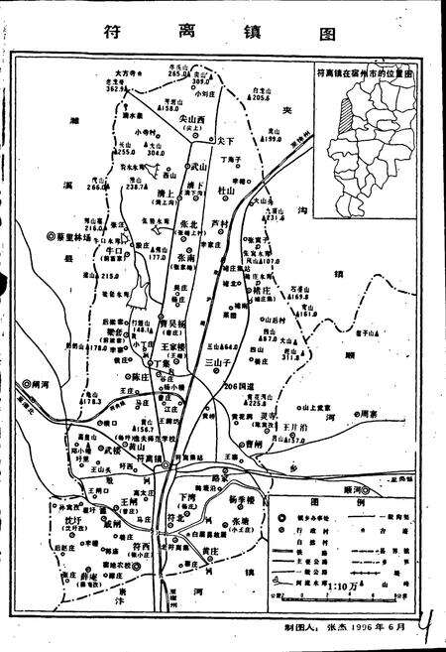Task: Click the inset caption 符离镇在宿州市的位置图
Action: tap(364, 73)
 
